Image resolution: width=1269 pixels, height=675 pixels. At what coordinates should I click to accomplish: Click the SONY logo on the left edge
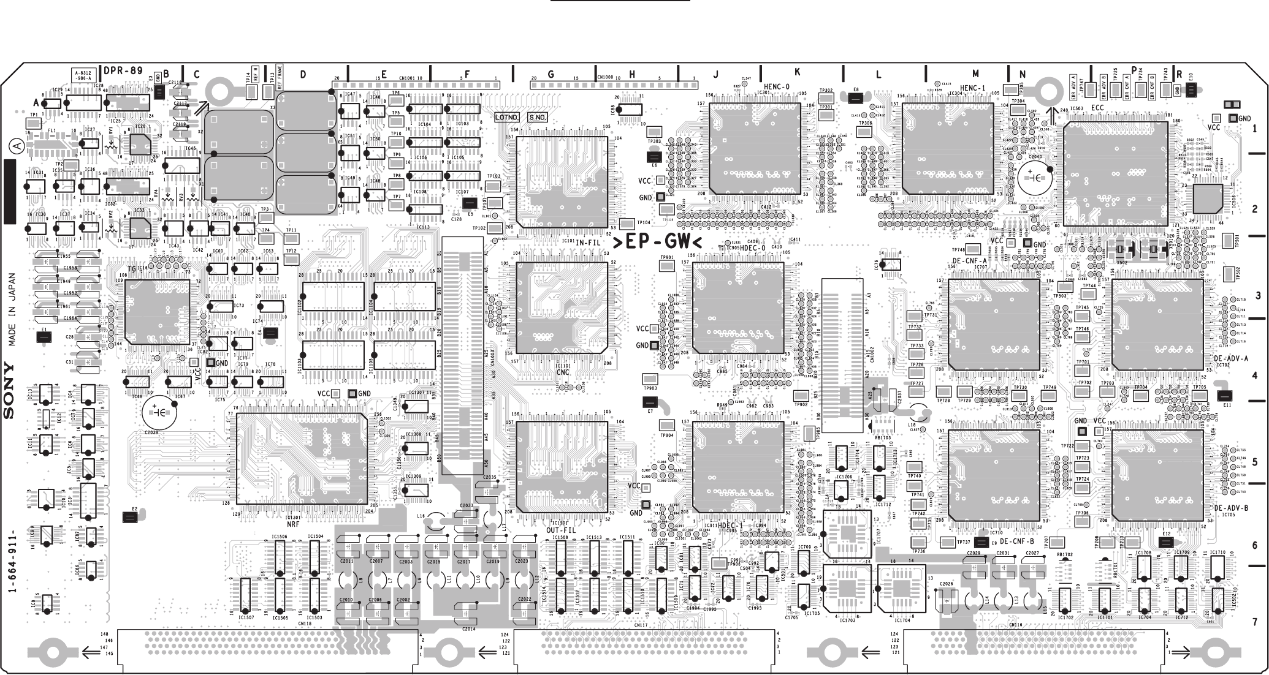(x=9, y=390)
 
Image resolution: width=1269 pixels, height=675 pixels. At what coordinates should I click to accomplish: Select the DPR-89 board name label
(x=123, y=70)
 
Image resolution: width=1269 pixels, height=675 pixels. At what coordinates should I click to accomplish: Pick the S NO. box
(x=536, y=117)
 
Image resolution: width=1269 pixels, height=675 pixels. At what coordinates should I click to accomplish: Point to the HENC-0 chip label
(x=777, y=87)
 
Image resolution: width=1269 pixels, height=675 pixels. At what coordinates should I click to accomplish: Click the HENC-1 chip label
(x=972, y=88)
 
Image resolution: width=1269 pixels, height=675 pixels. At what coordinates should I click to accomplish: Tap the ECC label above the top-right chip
(x=1097, y=108)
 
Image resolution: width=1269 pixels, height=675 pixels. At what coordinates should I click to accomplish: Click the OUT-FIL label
(x=561, y=530)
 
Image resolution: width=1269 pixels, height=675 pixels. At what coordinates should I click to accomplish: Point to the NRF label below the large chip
(x=293, y=524)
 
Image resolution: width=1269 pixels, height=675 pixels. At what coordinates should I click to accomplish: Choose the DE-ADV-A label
(x=1230, y=358)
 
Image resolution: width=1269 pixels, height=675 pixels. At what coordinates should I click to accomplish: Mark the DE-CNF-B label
(x=1016, y=541)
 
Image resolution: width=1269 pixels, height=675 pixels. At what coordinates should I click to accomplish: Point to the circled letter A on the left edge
(x=14, y=147)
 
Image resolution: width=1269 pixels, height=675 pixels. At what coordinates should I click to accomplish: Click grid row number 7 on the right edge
(x=1254, y=622)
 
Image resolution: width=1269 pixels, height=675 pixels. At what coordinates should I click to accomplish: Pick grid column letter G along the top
(x=551, y=75)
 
